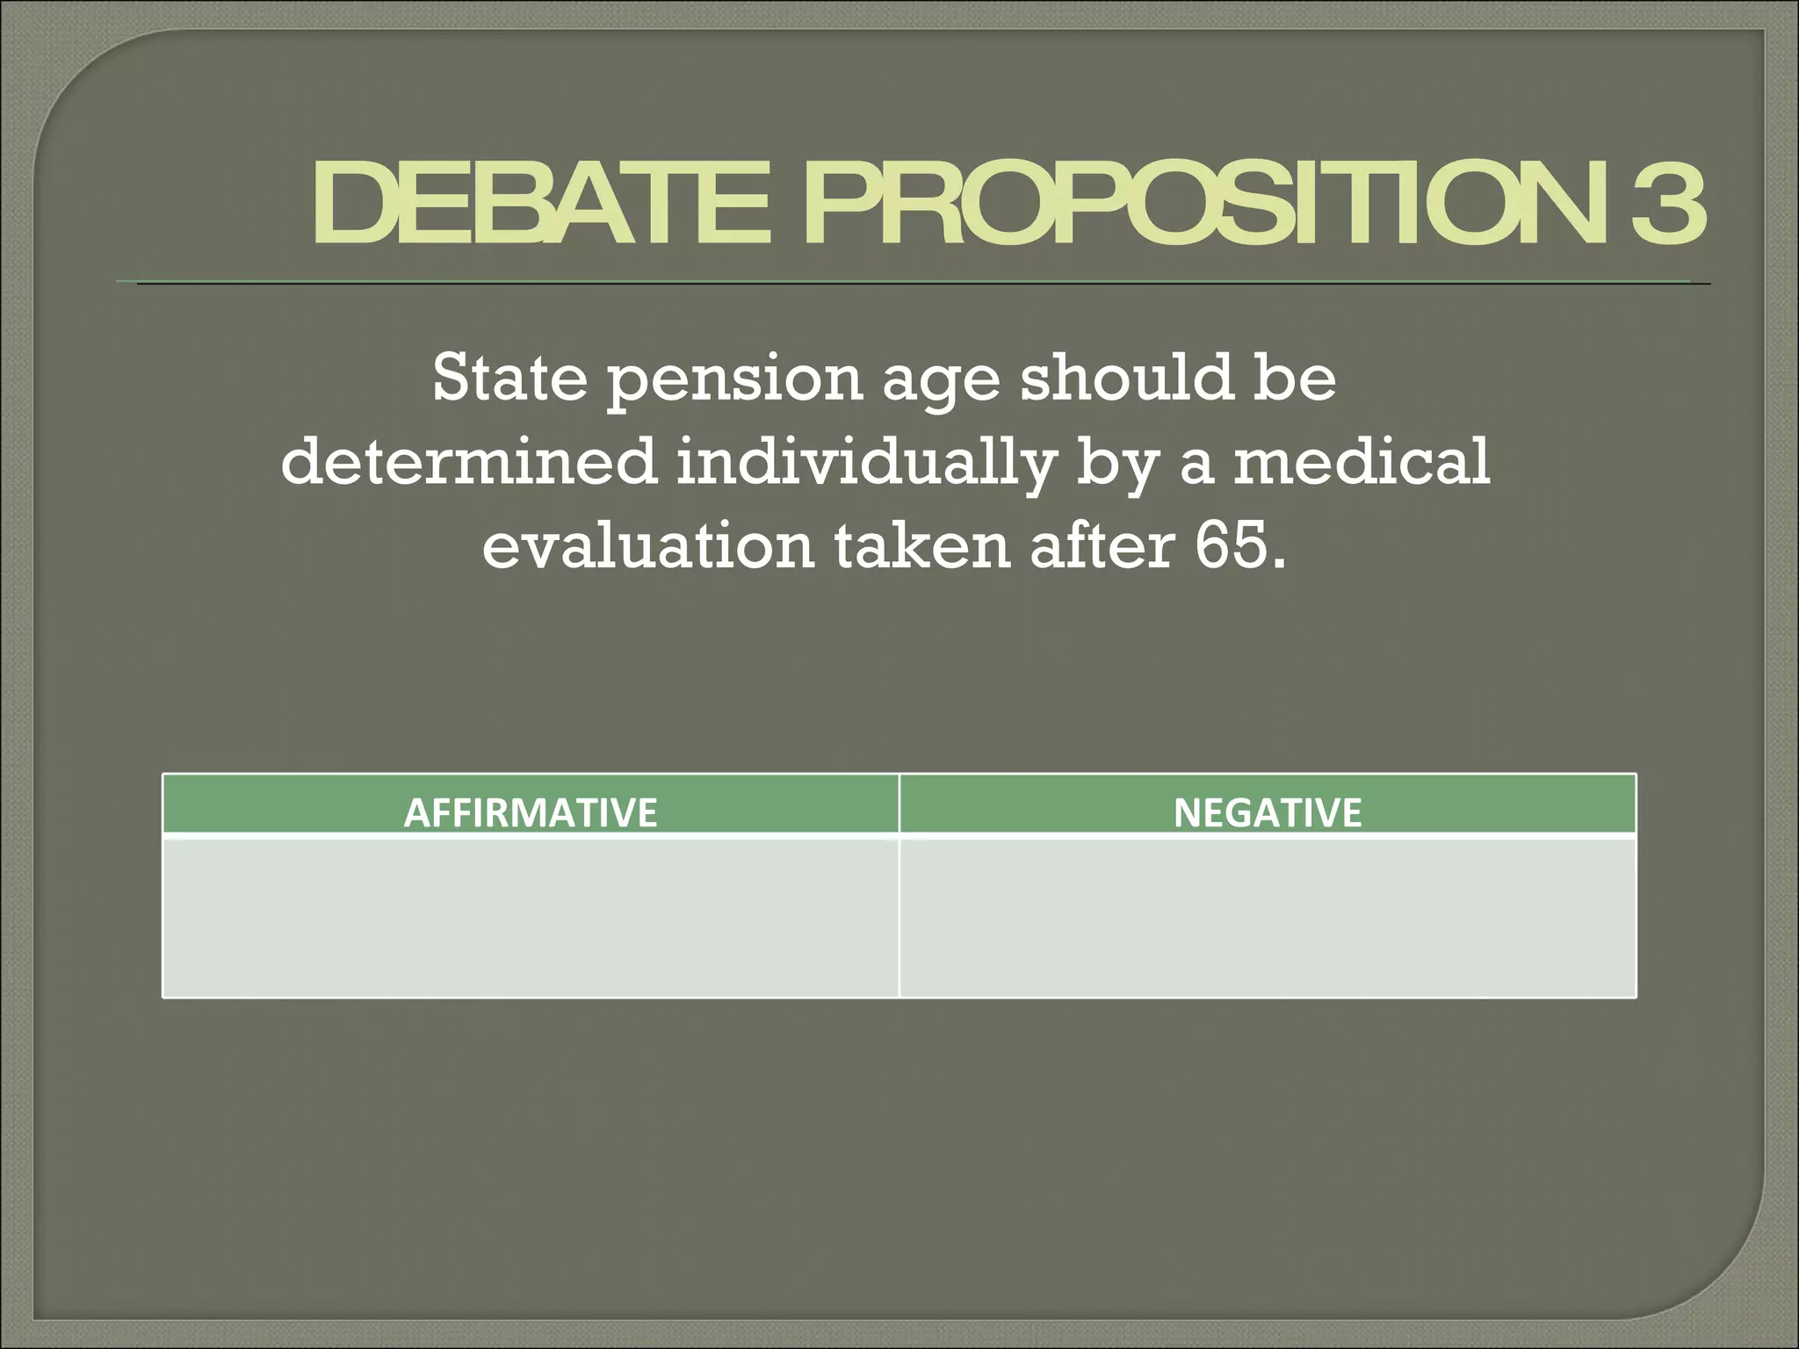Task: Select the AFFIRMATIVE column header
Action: coord(530,812)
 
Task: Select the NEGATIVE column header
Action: coord(1267,812)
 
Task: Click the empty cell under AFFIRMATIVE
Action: coord(530,917)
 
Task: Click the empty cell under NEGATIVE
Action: coord(1267,917)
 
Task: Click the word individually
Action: coord(865,463)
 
